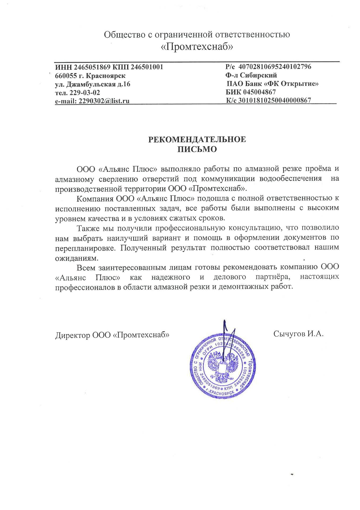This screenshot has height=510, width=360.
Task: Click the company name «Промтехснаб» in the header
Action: pyautogui.click(x=197, y=47)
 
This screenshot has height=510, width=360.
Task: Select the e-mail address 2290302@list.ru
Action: pyautogui.click(x=104, y=101)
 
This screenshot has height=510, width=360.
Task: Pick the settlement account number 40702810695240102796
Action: pyautogui.click(x=275, y=66)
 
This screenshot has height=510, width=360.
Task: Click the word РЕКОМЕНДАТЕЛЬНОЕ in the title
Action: pyautogui.click(x=197, y=139)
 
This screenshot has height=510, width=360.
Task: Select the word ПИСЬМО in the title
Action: pyautogui.click(x=197, y=149)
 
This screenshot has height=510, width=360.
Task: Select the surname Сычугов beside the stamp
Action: pyautogui.click(x=290, y=334)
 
